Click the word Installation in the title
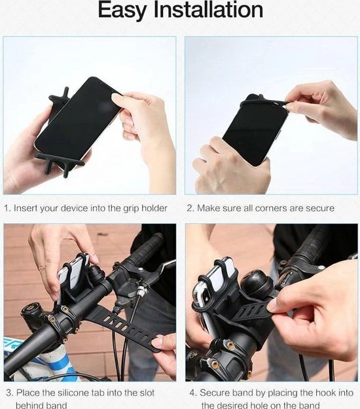coord(208,11)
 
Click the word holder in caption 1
coord(153,208)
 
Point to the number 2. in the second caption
coord(190,208)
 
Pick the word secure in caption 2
coord(319,208)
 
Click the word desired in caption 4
coord(242,405)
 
